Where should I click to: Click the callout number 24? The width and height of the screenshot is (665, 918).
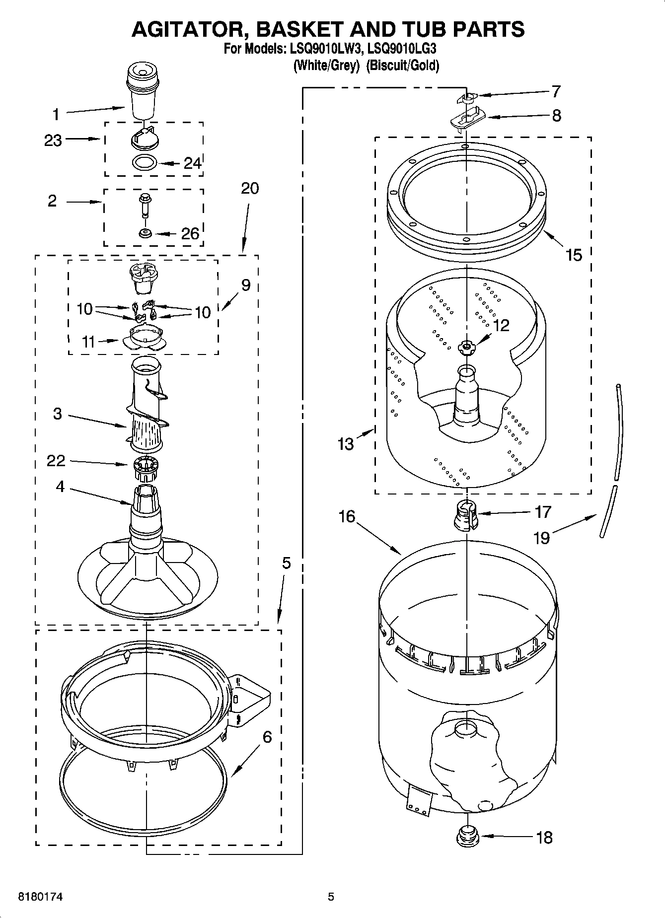[193, 163]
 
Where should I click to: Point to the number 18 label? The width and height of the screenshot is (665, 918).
[544, 837]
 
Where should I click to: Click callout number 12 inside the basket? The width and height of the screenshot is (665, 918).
[501, 326]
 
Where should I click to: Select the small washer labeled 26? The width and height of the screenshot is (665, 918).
[145, 233]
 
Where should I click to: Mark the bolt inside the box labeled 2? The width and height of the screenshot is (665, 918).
[145, 205]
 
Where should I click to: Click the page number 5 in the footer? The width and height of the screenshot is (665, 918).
[331, 897]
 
